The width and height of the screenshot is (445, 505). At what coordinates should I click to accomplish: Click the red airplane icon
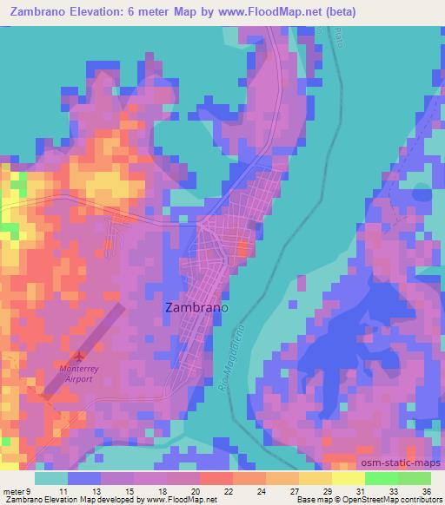click(81, 356)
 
